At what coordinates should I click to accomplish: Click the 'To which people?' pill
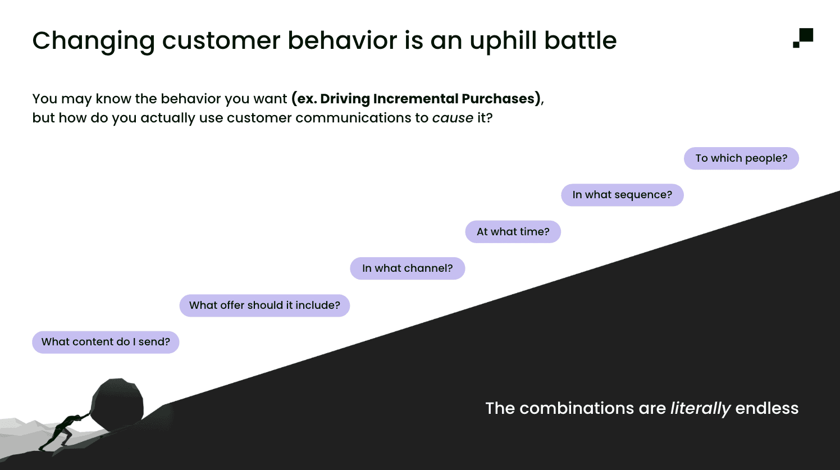click(741, 158)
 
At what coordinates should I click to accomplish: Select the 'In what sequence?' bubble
click(622, 195)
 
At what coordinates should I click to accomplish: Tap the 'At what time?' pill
click(513, 232)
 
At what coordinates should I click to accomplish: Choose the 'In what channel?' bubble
click(407, 268)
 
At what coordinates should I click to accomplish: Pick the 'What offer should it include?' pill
click(264, 305)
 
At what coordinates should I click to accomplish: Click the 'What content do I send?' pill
click(106, 342)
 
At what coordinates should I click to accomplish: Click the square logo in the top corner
click(804, 38)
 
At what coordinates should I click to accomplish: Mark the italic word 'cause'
click(453, 118)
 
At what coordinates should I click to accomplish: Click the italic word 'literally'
click(700, 408)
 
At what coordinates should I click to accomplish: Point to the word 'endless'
click(766, 408)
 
